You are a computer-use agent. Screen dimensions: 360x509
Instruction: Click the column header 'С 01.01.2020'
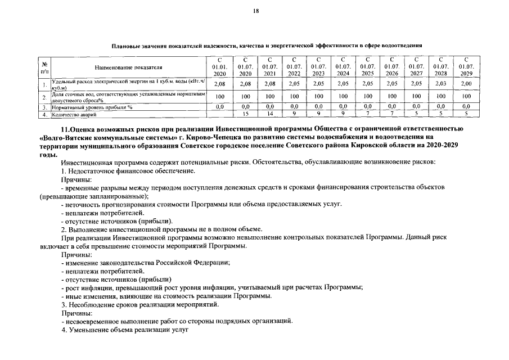(x=220, y=66)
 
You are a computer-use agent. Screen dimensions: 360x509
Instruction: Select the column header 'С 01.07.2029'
(x=466, y=66)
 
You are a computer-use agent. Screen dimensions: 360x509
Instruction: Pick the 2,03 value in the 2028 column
(x=441, y=84)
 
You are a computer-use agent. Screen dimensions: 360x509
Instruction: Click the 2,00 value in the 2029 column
(x=466, y=84)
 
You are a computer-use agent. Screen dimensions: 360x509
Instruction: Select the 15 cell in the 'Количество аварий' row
(x=245, y=115)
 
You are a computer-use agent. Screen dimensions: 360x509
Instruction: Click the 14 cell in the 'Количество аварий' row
(x=269, y=115)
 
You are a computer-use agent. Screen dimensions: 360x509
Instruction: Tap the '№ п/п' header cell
(x=44, y=67)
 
